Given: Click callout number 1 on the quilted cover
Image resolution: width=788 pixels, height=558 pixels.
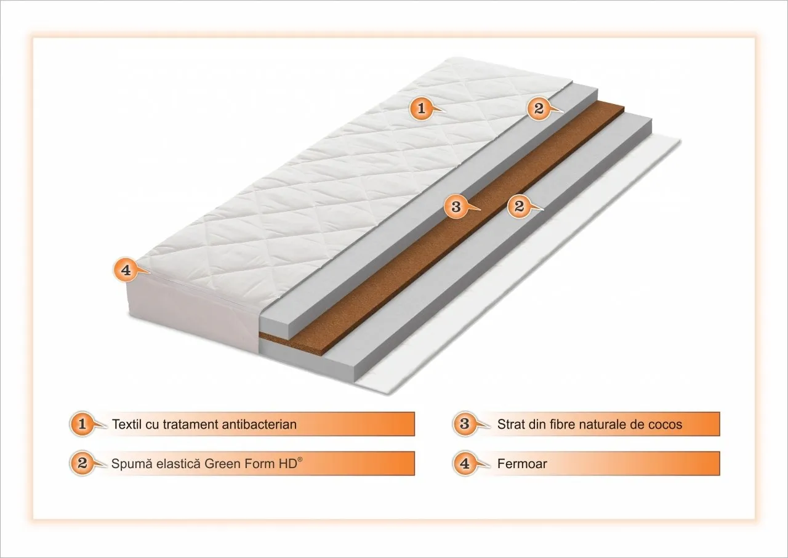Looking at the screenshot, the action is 421,108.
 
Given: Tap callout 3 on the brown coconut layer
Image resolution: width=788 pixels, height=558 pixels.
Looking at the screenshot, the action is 456,206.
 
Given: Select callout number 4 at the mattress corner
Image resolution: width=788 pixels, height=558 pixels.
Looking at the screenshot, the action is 126,270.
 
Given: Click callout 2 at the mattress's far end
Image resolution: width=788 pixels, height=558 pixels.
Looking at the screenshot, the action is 539,108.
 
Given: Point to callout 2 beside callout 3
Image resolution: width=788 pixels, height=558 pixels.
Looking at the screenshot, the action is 519,206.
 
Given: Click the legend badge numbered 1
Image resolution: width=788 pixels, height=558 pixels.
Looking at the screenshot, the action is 82,424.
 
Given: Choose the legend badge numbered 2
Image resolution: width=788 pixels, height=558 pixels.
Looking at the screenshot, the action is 82,463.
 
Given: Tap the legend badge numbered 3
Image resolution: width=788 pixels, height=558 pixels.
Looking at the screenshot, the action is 465,424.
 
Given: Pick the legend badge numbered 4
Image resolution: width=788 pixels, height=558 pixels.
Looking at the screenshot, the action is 465,463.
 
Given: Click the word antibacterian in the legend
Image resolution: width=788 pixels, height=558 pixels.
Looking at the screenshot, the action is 259,424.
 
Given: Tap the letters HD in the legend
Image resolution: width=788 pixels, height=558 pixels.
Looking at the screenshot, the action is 289,464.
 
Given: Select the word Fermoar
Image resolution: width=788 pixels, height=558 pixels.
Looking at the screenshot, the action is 522,464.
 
